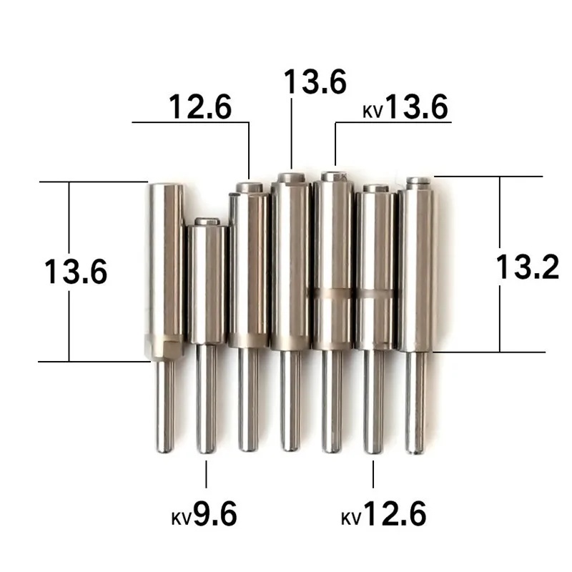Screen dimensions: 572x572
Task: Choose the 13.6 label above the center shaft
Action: (315, 81)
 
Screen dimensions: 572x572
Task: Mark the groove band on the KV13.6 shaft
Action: (332, 292)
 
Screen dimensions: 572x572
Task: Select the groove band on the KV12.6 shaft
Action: (375, 292)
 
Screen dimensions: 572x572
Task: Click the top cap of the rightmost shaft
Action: (418, 182)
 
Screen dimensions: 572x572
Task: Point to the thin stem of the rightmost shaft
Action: (417, 400)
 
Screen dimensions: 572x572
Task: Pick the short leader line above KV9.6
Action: (206, 474)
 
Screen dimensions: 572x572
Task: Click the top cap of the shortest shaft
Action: (207, 222)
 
